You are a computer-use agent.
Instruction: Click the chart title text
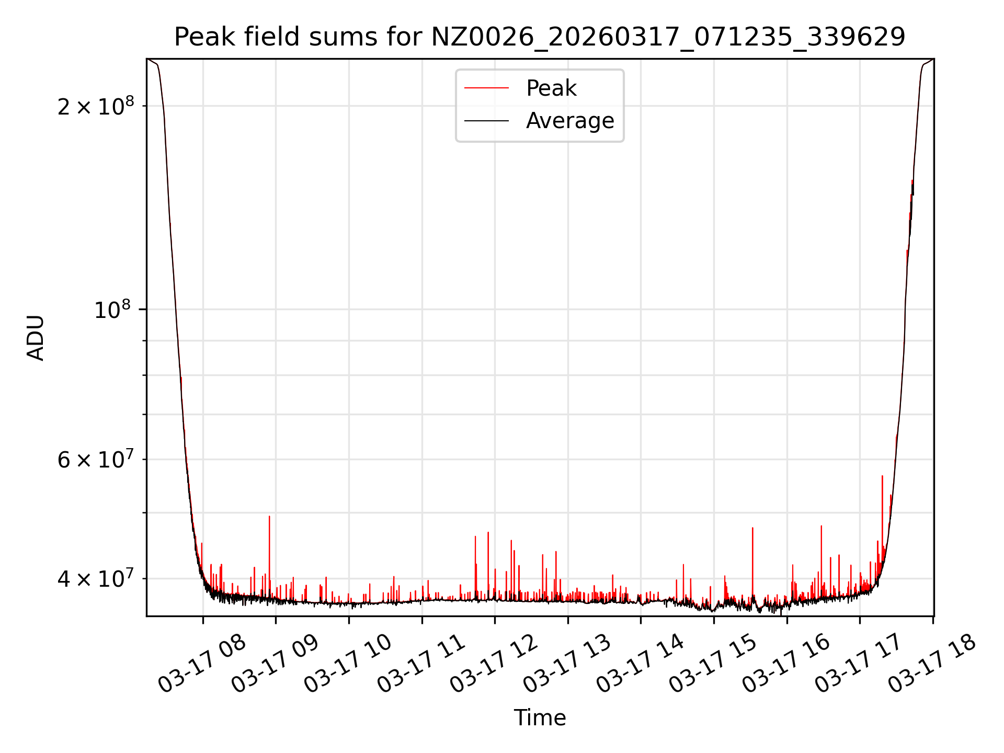click(540, 37)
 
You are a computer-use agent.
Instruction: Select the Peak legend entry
click(551, 88)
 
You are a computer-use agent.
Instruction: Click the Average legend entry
click(570, 121)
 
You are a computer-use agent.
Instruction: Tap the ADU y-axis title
click(36, 338)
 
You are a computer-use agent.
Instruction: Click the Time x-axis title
click(540, 718)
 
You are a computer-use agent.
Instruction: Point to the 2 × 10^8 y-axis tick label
click(96, 107)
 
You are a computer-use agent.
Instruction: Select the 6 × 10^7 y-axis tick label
click(96, 460)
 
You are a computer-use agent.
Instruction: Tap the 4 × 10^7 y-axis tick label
click(96, 579)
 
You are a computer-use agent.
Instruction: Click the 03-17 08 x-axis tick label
click(202, 664)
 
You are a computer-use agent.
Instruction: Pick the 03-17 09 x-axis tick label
click(275, 664)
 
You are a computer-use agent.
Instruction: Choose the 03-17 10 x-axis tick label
click(348, 664)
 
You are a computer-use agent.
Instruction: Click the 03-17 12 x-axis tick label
click(494, 664)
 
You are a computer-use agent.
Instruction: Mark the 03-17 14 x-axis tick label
click(640, 664)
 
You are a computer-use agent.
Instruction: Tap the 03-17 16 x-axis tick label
click(786, 664)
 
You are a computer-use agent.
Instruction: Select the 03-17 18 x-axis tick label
click(932, 664)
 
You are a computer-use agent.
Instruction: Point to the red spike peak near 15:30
click(752, 529)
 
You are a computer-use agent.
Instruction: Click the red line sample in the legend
click(486, 88)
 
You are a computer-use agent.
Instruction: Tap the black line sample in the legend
click(486, 121)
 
